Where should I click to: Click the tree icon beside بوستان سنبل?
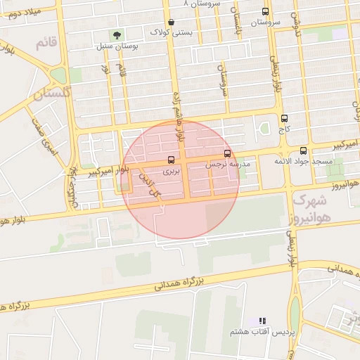point(117,33)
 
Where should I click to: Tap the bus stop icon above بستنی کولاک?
point(172,22)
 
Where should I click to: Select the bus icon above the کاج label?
point(284,119)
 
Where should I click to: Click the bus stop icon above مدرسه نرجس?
point(226,153)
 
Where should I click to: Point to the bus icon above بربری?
point(172,159)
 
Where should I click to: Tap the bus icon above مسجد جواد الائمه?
point(303,150)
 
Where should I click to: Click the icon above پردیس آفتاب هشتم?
point(262,321)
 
